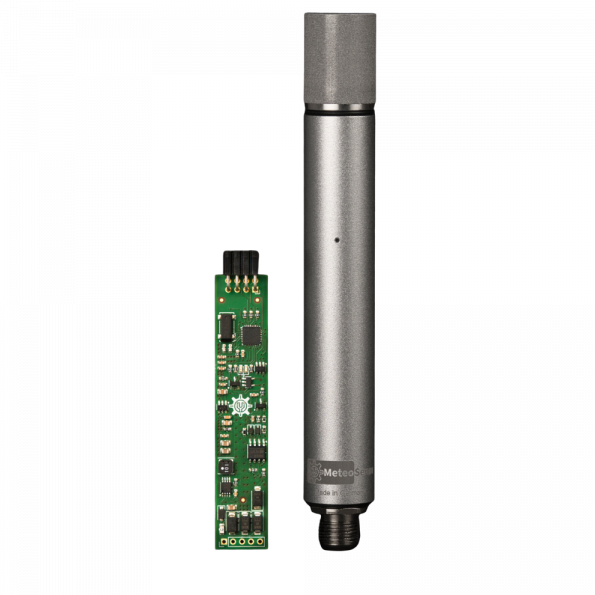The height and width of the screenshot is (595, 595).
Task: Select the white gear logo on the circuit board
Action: (239, 407)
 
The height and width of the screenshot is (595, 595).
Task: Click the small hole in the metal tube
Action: (337, 239)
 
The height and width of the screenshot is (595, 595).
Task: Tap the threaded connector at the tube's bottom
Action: (338, 530)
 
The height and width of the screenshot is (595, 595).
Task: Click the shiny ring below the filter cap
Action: (339, 107)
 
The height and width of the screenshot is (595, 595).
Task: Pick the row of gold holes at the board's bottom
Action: (243, 542)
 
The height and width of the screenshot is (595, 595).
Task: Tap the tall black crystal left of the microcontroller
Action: (226, 324)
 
